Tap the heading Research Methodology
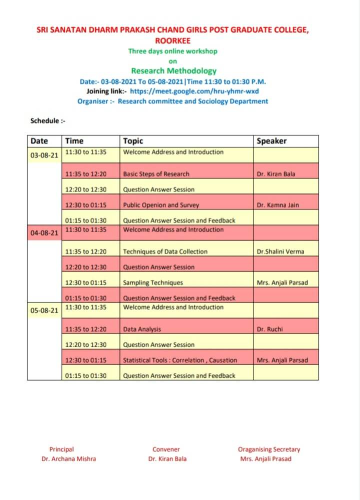pyautogui.click(x=173, y=71)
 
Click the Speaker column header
pyautogui.click(x=271, y=141)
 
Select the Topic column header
pyautogui.click(x=133, y=141)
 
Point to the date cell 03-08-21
pyautogui.click(x=44, y=155)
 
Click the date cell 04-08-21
pyautogui.click(x=44, y=232)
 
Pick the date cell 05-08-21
pyautogui.click(x=44, y=310)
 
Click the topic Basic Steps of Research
pyautogui.click(x=156, y=174)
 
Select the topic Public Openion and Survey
pyautogui.click(x=161, y=205)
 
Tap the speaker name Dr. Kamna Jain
pyautogui.click(x=277, y=205)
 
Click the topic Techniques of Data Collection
pyautogui.click(x=165, y=251)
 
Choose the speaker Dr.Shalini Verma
pyautogui.click(x=280, y=251)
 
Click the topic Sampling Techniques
pyautogui.click(x=153, y=282)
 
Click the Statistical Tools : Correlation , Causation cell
pyautogui.click(x=180, y=360)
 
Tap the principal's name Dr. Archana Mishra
pyautogui.click(x=68, y=458)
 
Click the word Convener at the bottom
pyautogui.click(x=166, y=449)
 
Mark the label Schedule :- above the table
pyautogui.click(x=48, y=121)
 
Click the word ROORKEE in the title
pyautogui.click(x=172, y=40)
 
